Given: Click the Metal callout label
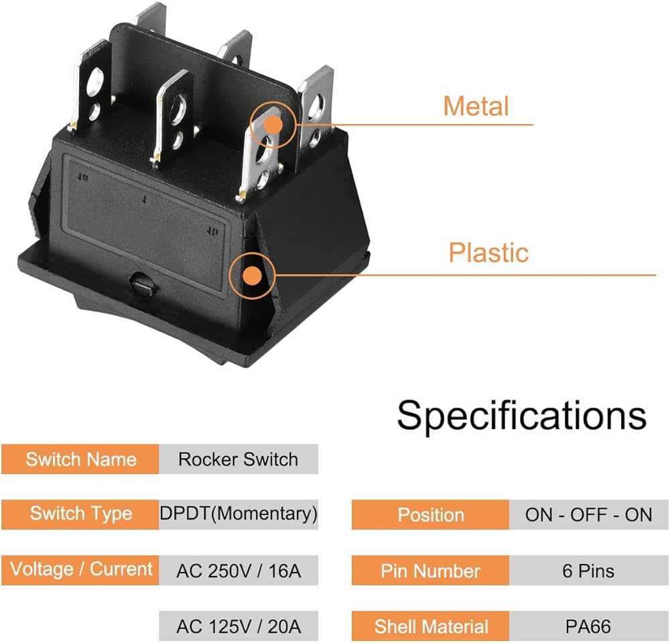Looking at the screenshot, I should click(476, 107).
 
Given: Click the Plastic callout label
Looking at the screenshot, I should click(488, 253).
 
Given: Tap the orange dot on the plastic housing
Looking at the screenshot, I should click(252, 276).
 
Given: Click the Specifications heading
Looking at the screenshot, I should click(521, 415).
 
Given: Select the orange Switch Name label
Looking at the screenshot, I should click(80, 459).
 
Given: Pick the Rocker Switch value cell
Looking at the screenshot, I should click(238, 459).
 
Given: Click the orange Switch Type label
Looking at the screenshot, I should click(80, 514).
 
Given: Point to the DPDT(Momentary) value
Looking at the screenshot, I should click(238, 514).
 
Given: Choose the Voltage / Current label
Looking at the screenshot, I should click(80, 570).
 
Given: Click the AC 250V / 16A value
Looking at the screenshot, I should click(238, 571).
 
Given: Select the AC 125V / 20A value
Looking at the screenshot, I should click(238, 627).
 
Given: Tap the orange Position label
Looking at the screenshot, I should click(430, 515).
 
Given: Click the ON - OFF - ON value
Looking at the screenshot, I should click(588, 515).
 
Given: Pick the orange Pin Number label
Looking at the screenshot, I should click(430, 571).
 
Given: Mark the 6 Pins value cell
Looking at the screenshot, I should click(588, 571).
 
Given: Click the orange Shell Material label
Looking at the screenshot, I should click(430, 627).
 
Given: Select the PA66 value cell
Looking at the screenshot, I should click(588, 627).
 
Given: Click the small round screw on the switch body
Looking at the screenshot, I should click(141, 282).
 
